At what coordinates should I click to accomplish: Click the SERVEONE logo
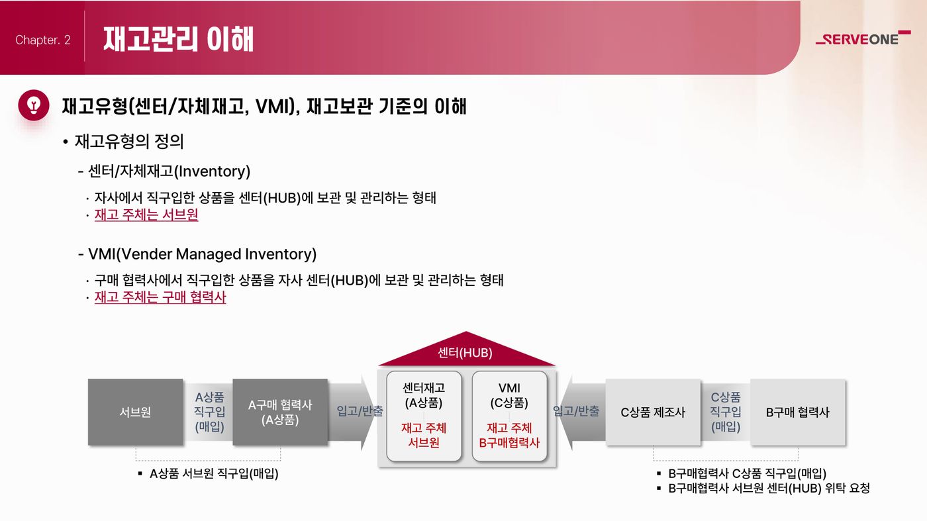point(863,38)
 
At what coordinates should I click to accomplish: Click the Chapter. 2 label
point(43,40)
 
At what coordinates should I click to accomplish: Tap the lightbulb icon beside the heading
point(34,105)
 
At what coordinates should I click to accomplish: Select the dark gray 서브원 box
point(135,412)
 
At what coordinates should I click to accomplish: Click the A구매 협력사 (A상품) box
point(280,412)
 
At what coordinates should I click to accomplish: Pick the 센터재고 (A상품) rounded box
point(424,416)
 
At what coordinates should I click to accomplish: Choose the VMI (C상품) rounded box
point(509,416)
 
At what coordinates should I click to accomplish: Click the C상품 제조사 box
point(653,412)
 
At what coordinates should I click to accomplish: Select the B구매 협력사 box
point(798,412)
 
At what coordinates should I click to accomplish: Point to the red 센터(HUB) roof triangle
point(466,352)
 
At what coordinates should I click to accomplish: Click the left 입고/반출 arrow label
point(360,411)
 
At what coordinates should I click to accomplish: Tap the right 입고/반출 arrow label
point(576,411)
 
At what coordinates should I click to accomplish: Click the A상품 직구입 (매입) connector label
point(210,412)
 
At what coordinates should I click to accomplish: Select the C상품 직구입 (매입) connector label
point(726,412)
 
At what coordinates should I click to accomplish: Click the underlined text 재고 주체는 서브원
point(146,214)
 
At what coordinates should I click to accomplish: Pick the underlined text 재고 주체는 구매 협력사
point(160,297)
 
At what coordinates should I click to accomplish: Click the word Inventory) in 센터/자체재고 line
point(213,171)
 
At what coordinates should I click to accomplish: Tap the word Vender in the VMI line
point(146,254)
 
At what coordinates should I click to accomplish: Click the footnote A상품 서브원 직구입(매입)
point(214,473)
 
